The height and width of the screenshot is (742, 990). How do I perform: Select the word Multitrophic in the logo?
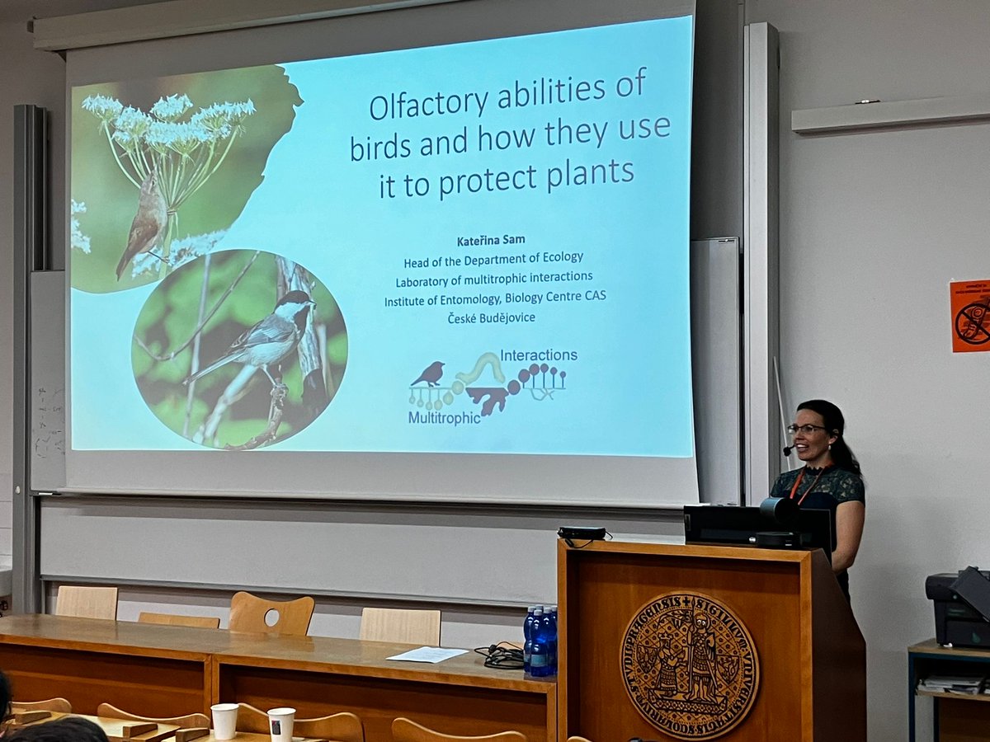[444, 418]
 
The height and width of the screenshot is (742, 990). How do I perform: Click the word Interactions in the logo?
[539, 355]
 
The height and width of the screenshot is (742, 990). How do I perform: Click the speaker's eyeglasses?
[805, 429]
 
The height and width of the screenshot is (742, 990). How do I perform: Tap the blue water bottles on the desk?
[540, 641]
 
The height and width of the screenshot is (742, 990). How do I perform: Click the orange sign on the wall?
[970, 315]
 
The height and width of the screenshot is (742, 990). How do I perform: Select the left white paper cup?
[224, 721]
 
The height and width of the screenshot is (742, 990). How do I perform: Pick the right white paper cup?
[280, 724]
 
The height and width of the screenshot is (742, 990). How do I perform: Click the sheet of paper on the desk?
[427, 655]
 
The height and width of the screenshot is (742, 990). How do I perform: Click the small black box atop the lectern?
[582, 533]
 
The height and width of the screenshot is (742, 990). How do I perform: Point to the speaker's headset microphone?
[789, 450]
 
